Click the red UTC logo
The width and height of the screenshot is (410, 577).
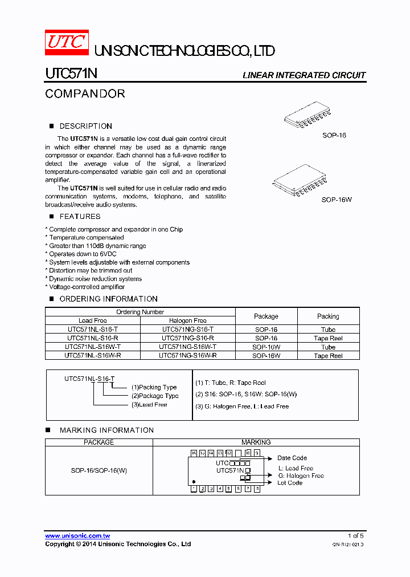click(67, 42)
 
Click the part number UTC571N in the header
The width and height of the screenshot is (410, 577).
click(71, 75)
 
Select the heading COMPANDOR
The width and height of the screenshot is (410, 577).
click(85, 94)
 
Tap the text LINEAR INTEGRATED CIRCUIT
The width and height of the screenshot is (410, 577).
click(304, 75)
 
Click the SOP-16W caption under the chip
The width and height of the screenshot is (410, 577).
click(337, 200)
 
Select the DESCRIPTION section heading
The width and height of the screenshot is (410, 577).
click(85, 126)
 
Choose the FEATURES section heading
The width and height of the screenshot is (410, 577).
click(80, 217)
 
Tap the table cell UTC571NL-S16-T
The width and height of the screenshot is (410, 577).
click(92, 330)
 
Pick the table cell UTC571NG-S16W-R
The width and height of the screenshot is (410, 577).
click(188, 355)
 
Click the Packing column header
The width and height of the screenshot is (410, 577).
click(328, 316)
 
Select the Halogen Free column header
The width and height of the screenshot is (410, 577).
click(188, 320)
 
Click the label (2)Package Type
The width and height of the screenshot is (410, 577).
click(155, 396)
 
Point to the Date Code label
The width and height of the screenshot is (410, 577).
click(292, 458)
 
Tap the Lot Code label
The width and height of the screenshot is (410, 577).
click(290, 483)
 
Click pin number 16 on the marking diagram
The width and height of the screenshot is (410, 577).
click(194, 453)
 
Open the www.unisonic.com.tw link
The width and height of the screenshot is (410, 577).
click(77, 536)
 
